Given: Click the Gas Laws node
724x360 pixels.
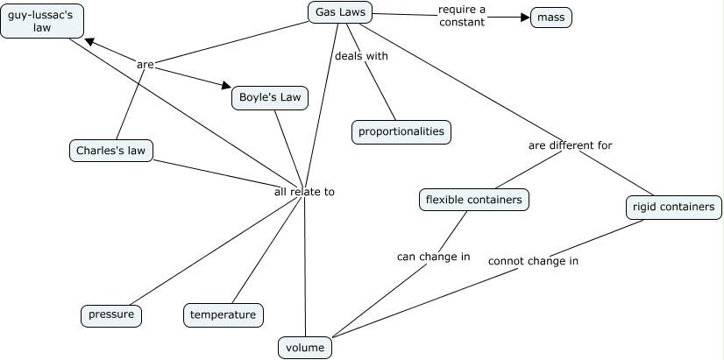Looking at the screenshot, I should pyautogui.click(x=341, y=12).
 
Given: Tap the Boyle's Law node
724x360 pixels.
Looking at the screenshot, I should pyautogui.click(x=270, y=97).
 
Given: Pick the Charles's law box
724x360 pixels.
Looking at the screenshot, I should pyautogui.click(x=110, y=151).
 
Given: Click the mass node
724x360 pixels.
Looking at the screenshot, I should pyautogui.click(x=551, y=17).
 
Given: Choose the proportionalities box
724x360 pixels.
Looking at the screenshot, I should pyautogui.click(x=401, y=131).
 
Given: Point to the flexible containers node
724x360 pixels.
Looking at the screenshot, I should pyautogui.click(x=473, y=200).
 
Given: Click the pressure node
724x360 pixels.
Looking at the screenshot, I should pyautogui.click(x=111, y=314).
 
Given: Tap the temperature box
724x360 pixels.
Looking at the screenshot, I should pyautogui.click(x=223, y=314).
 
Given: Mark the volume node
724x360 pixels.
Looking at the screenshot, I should pyautogui.click(x=305, y=348).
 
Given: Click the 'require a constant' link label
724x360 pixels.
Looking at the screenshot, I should pyautogui.click(x=461, y=16).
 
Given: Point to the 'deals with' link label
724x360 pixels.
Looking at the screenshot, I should pyautogui.click(x=361, y=56).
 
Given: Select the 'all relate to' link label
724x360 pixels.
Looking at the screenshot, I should pyautogui.click(x=304, y=191).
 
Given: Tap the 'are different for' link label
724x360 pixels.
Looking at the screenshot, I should pyautogui.click(x=570, y=145).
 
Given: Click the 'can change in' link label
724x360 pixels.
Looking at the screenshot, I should pyautogui.click(x=433, y=257).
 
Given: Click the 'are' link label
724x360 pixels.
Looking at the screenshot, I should pyautogui.click(x=146, y=64).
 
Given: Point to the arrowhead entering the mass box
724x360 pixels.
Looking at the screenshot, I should pyautogui.click(x=525, y=17).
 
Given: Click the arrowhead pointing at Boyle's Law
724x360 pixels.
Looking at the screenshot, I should pyautogui.click(x=224, y=87).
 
